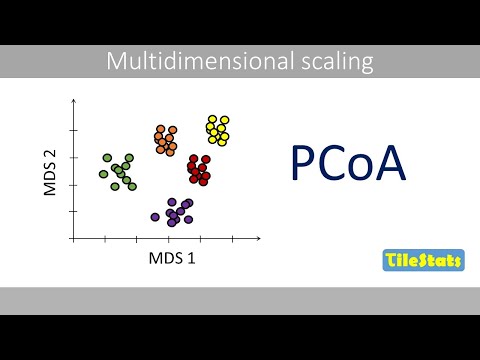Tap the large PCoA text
coord(348,164)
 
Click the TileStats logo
coord(423,262)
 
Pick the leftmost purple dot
coord(155,216)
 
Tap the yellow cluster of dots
coord(217,129)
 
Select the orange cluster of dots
coord(166,140)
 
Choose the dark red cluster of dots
coord(199,169)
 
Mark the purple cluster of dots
coord(175,212)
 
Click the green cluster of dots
coord(118,171)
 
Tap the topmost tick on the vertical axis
coord(73,131)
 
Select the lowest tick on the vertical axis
coord(73,211)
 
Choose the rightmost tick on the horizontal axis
coord(232,238)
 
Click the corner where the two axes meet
coord(73,238)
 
